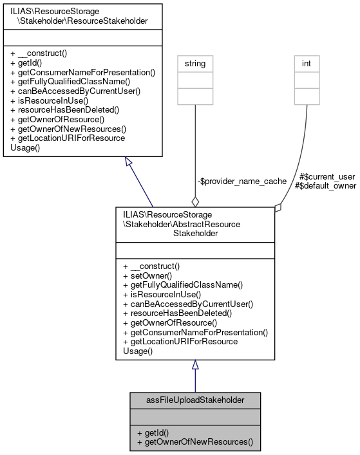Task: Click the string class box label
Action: click(x=195, y=64)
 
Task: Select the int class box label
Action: click(x=307, y=64)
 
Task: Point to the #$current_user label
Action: click(x=327, y=176)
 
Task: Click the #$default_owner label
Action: click(x=325, y=185)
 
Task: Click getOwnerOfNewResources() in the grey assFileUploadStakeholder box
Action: click(x=194, y=443)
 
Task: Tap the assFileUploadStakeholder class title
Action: click(x=195, y=400)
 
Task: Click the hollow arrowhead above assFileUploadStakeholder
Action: click(x=195, y=366)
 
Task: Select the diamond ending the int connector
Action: click(x=278, y=207)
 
